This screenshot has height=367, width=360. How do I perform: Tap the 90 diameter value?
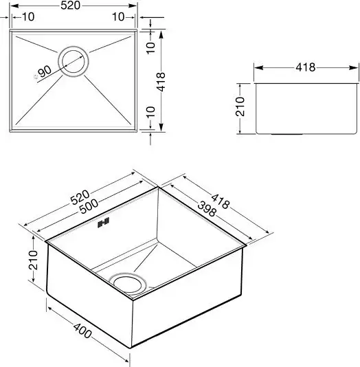point(45,71)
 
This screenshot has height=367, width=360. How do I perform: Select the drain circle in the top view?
point(74,61)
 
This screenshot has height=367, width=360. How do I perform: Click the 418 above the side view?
point(306,67)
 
